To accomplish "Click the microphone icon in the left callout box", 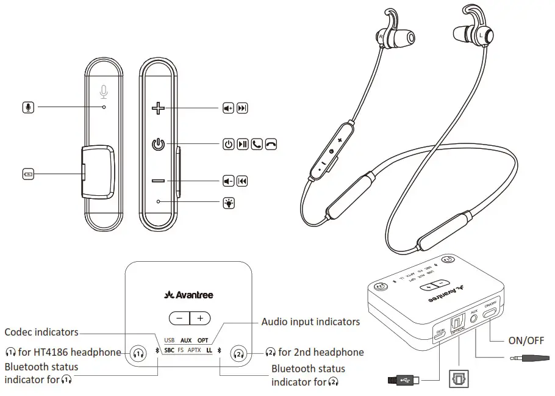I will pyautogui.click(x=27, y=107).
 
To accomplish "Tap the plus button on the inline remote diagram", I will pyautogui.click(x=159, y=109).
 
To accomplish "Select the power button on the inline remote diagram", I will pyautogui.click(x=158, y=145).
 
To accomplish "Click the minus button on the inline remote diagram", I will pyautogui.click(x=159, y=181).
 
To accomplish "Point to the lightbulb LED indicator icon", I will pyautogui.click(x=228, y=202).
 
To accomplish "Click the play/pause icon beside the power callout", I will pyautogui.click(x=242, y=145).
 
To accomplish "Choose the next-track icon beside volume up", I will pyautogui.click(x=242, y=109).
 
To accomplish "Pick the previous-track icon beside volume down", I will pyautogui.click(x=242, y=181).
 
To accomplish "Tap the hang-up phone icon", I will pyautogui.click(x=271, y=145).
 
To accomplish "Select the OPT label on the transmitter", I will pyautogui.click(x=203, y=340).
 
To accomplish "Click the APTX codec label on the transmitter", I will pyautogui.click(x=194, y=350).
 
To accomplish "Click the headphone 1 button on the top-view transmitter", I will pyautogui.click(x=139, y=353).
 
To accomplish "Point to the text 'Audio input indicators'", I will pyautogui.click(x=310, y=321).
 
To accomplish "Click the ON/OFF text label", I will pyautogui.click(x=526, y=340).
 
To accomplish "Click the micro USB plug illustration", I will pyautogui.click(x=403, y=381).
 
